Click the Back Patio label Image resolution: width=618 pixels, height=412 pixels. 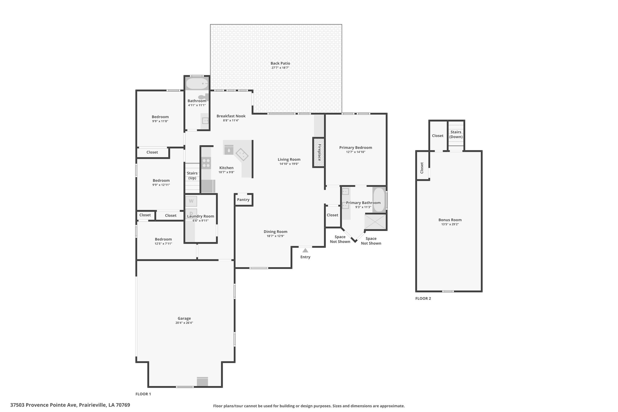coord(280,63)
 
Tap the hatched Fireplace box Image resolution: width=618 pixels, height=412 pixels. coord(318,152)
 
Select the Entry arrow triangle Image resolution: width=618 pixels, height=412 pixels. coord(305,250)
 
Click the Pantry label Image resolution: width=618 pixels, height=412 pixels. coord(243,200)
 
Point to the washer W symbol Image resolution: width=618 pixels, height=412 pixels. coord(191,201)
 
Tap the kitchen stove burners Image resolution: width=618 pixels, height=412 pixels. coord(206,163)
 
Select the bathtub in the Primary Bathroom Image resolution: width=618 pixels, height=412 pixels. coord(379,200)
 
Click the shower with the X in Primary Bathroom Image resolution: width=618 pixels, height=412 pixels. coord(375,222)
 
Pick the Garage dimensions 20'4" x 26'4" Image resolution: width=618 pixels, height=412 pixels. coord(184,323)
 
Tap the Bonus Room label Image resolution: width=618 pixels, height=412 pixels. coord(450,220)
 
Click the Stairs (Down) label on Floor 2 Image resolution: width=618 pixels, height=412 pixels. coord(456,134)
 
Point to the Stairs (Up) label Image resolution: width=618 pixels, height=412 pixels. coord(192,175)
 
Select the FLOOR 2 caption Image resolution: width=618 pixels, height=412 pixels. coord(423,299)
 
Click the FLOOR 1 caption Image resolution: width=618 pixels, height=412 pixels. coord(143,394)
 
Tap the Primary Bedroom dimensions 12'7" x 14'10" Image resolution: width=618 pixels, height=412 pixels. coord(355,152)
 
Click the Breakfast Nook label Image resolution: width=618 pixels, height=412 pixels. coord(231,116)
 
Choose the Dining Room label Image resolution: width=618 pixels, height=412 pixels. coord(276,232)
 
